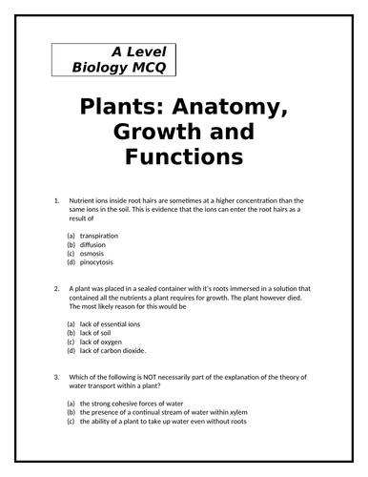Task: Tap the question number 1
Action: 58,200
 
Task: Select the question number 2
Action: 58,287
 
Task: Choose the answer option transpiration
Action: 99,235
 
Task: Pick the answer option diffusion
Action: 93,244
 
